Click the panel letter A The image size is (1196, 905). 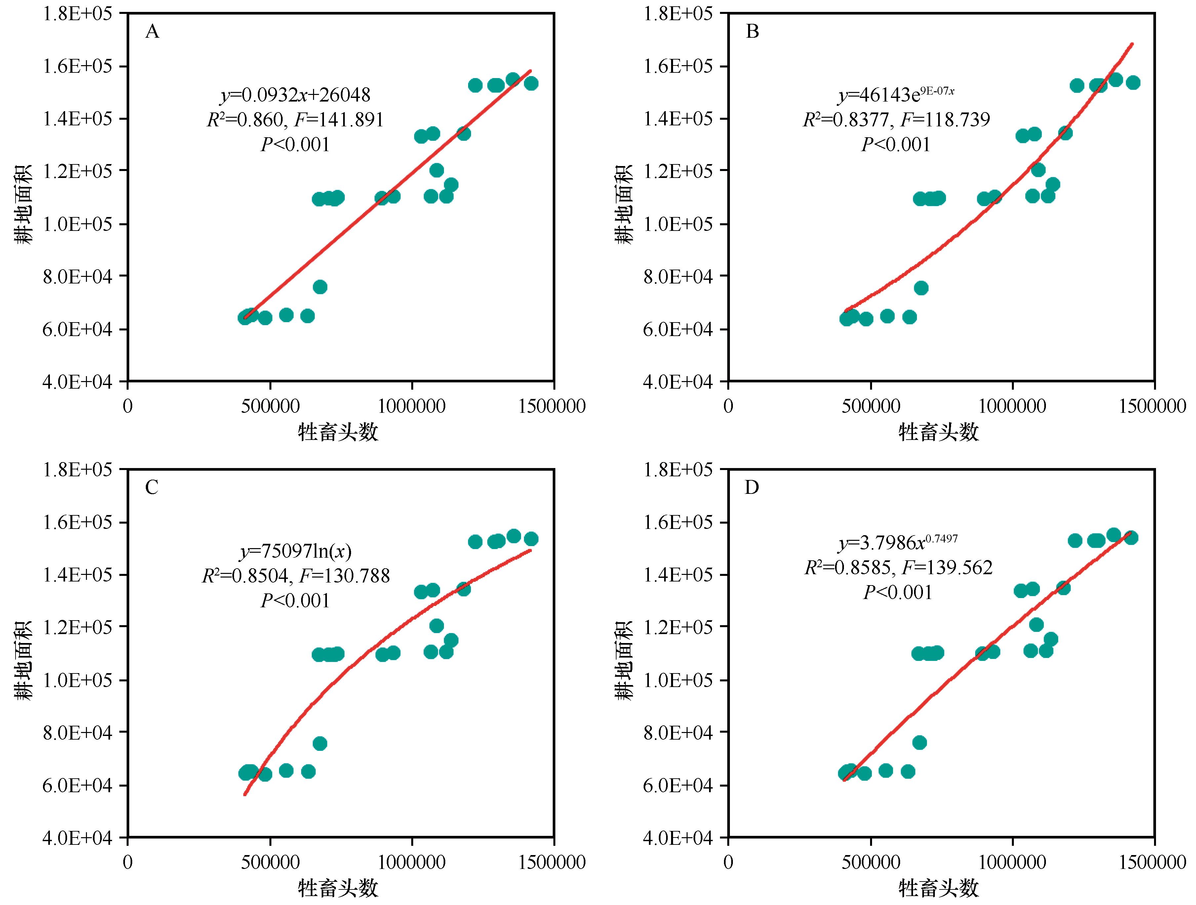pyautogui.click(x=152, y=32)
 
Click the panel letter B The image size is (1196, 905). pyautogui.click(x=753, y=32)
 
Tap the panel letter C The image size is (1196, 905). pyautogui.click(x=152, y=488)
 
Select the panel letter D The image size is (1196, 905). pyautogui.click(x=752, y=488)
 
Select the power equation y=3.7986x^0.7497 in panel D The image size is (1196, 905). pyautogui.click(x=897, y=542)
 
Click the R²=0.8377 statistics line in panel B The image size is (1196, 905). pyautogui.click(x=896, y=119)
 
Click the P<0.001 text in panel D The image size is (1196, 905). pyautogui.click(x=897, y=592)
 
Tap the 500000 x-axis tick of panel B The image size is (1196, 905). pyautogui.click(x=870, y=406)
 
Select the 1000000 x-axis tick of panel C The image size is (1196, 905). pyautogui.click(x=412, y=862)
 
